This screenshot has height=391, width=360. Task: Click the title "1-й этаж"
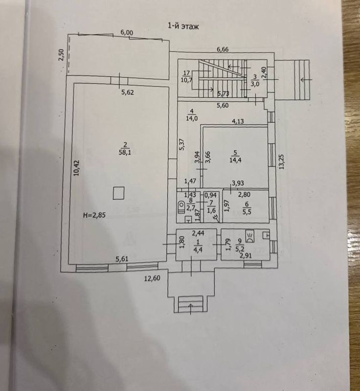[x=183, y=26]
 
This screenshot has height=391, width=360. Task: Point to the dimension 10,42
[x=76, y=169]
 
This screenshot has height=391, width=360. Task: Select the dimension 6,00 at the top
[x=126, y=32]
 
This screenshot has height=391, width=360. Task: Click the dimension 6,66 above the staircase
[x=224, y=49]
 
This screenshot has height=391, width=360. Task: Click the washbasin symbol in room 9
[x=250, y=237]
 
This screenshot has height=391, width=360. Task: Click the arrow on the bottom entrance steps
[x=190, y=306]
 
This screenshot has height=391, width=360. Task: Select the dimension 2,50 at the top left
[x=61, y=55]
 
